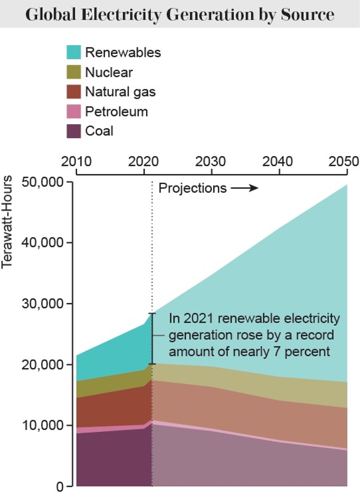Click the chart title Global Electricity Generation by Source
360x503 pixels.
click(x=180, y=14)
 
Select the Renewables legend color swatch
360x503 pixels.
click(x=74, y=52)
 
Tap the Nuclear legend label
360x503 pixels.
click(x=109, y=72)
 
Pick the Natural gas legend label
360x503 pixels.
click(x=120, y=92)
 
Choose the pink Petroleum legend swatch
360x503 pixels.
click(x=74, y=111)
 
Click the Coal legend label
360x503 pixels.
click(x=99, y=131)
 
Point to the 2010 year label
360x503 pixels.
click(x=76, y=162)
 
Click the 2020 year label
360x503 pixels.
click(x=143, y=162)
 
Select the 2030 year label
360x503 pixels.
click(x=211, y=162)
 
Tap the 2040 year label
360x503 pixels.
click(x=278, y=162)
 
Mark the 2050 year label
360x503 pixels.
click(x=343, y=162)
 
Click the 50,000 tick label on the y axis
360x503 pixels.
click(x=42, y=182)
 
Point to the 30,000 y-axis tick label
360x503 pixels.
click(x=42, y=304)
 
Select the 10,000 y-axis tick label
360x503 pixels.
click(x=42, y=425)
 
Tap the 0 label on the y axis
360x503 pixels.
click(x=60, y=487)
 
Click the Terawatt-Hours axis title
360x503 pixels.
click(x=7, y=222)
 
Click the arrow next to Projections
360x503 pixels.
click(x=244, y=188)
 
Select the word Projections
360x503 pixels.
click(x=193, y=188)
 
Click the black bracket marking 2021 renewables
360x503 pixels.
click(x=152, y=338)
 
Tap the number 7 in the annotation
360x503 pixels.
click(x=277, y=351)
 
